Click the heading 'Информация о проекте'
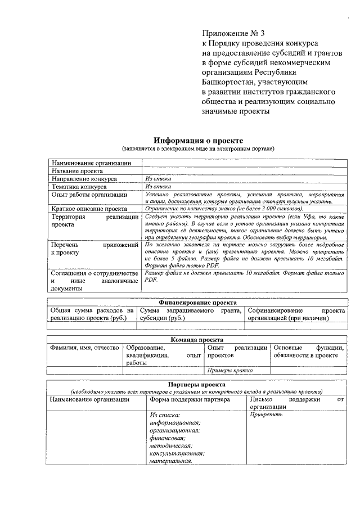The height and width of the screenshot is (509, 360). click(x=199, y=140)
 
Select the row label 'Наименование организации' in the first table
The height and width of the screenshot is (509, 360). click(x=92, y=163)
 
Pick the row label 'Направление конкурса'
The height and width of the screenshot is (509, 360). click(x=84, y=179)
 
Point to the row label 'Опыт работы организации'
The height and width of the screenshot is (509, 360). click(x=89, y=195)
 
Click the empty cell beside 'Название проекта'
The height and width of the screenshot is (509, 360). click(x=245, y=170)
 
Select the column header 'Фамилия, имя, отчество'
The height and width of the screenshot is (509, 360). click(x=84, y=348)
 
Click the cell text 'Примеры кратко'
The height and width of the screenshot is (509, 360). click(x=230, y=370)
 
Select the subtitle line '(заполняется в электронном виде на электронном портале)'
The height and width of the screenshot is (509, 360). click(x=199, y=148)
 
